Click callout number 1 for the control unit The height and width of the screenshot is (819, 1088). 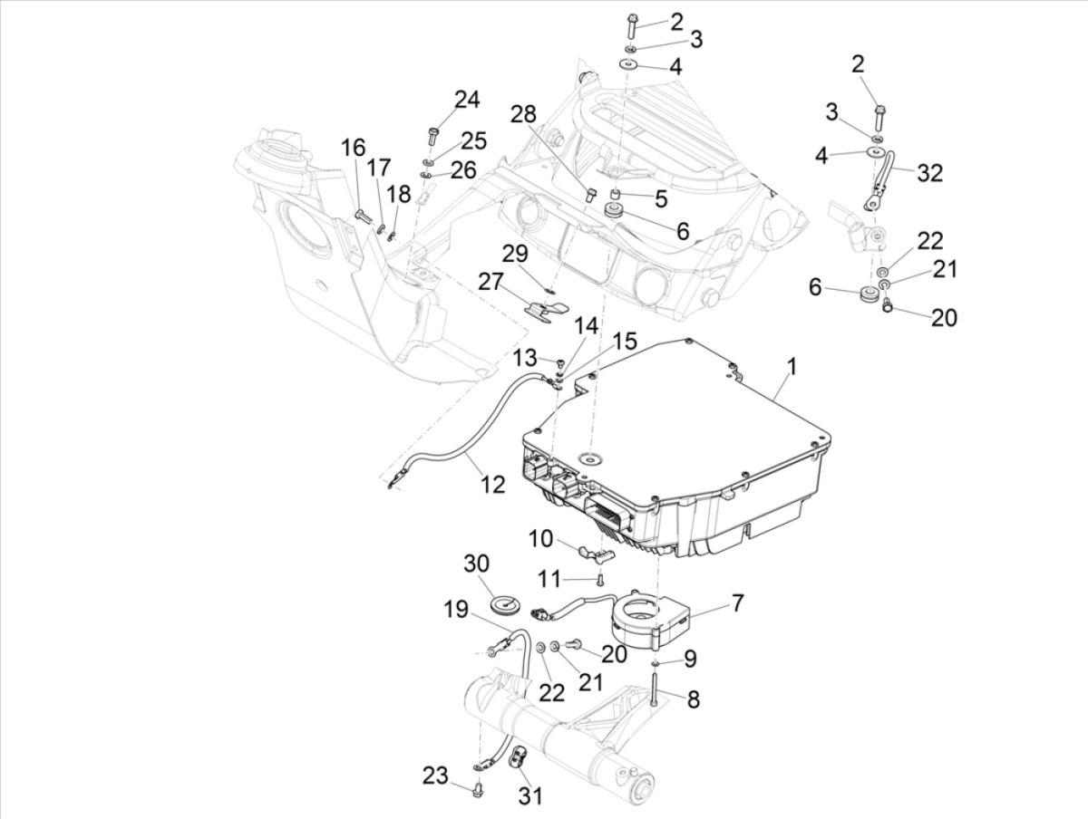pyautogui.click(x=792, y=367)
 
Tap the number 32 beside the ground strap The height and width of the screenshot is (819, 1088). pyautogui.click(x=930, y=173)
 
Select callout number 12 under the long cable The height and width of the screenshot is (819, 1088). pyautogui.click(x=492, y=485)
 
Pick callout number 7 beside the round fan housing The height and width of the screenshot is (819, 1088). pyautogui.click(x=737, y=602)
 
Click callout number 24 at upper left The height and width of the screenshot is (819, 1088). pyautogui.click(x=467, y=100)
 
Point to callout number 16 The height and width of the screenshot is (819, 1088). pyautogui.click(x=353, y=148)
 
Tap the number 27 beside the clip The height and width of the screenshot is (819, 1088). pyautogui.click(x=491, y=282)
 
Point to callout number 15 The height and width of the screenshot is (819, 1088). pyautogui.click(x=624, y=342)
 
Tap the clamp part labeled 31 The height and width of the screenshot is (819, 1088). pyautogui.click(x=521, y=758)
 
